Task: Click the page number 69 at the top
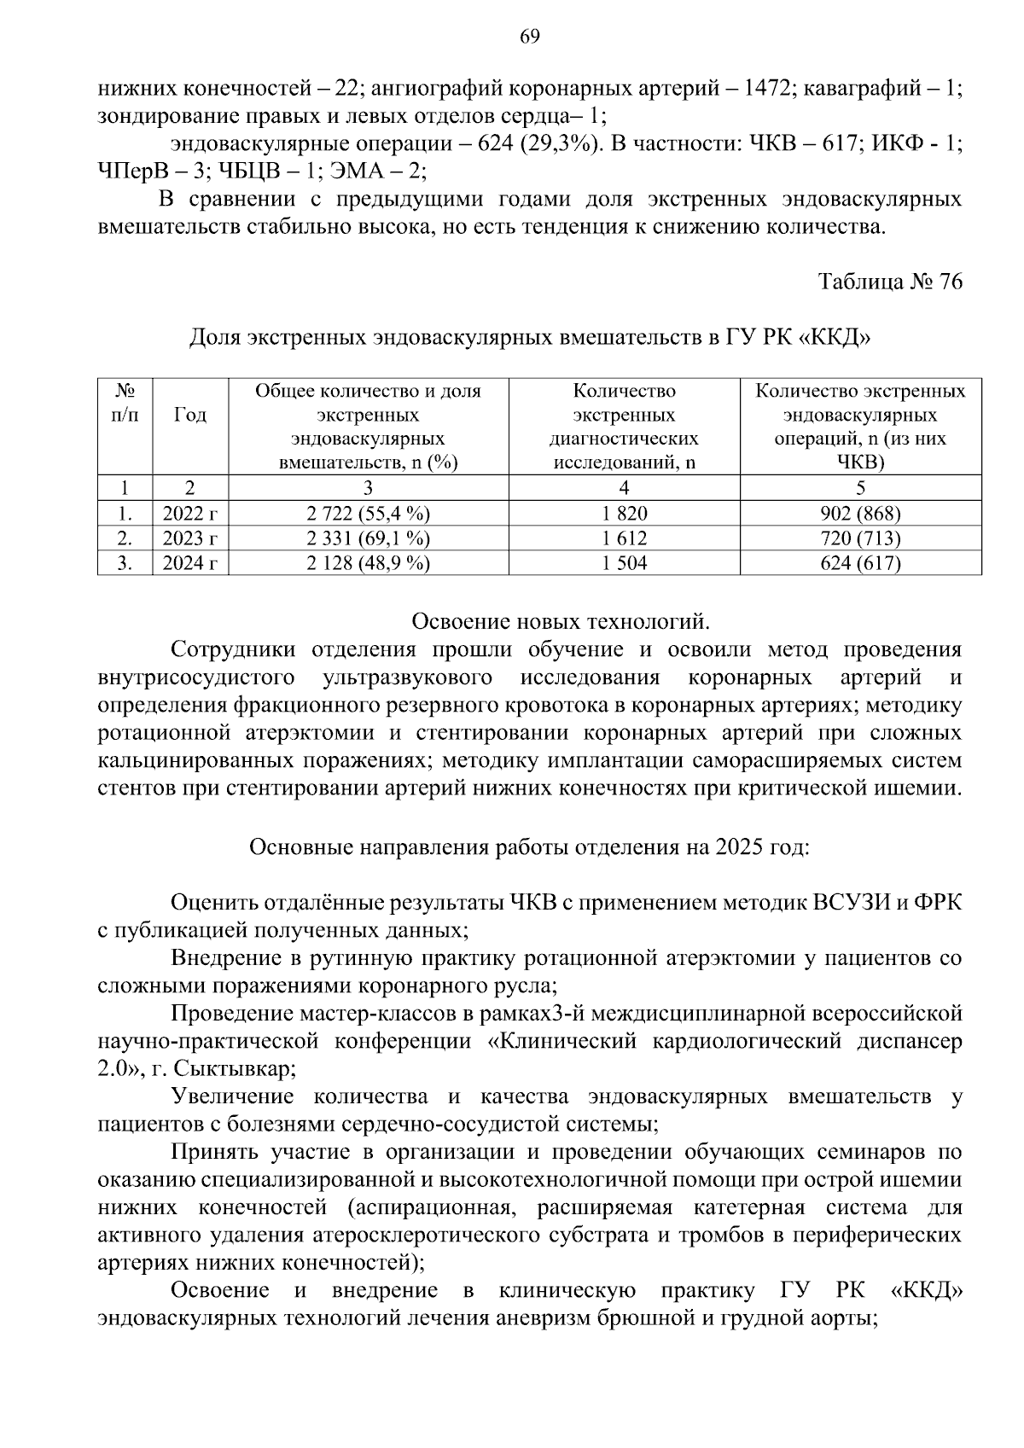pyautogui.click(x=529, y=37)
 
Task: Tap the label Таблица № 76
pyautogui.click(x=890, y=282)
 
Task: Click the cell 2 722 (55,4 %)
pyautogui.click(x=368, y=514)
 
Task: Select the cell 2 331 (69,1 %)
pyautogui.click(x=368, y=538)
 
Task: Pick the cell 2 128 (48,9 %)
pyautogui.click(x=368, y=563)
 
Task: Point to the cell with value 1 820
pyautogui.click(x=624, y=514)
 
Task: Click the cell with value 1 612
pyautogui.click(x=624, y=538)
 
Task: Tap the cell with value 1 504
pyautogui.click(x=624, y=563)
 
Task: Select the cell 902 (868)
pyautogui.click(x=860, y=514)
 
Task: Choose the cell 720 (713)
pyautogui.click(x=860, y=538)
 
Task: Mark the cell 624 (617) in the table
pyautogui.click(x=860, y=563)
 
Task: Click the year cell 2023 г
pyautogui.click(x=190, y=538)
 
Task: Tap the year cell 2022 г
pyautogui.click(x=190, y=514)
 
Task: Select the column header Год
pyautogui.click(x=190, y=416)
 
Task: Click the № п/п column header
pyautogui.click(x=125, y=404)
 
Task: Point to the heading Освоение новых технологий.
pyautogui.click(x=561, y=620)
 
